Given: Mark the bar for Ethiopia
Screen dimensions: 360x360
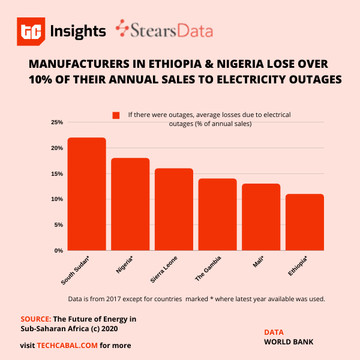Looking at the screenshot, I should click(305, 222).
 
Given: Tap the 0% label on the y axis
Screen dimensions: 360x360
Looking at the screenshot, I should click(58, 250).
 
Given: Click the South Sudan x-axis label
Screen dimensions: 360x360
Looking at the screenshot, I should click(76, 271).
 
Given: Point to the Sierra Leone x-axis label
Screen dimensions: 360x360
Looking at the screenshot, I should click(164, 271).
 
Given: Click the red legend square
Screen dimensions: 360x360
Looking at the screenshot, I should click(116, 115).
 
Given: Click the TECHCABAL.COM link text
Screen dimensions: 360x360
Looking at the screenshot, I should click(67, 345).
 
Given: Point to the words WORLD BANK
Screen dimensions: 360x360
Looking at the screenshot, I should click(289, 342).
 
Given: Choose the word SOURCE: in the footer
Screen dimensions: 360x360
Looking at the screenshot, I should click(35, 319).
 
